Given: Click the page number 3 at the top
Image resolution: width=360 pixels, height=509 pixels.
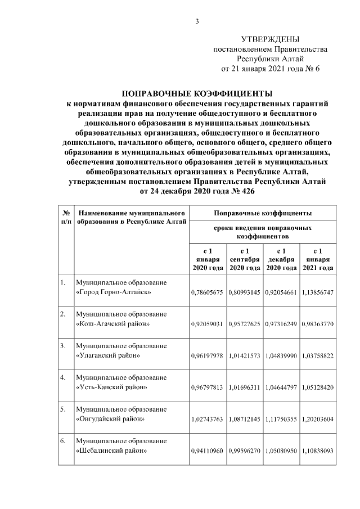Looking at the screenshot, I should click(x=197, y=21).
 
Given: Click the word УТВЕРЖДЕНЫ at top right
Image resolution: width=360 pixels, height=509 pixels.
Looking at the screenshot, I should click(x=270, y=39).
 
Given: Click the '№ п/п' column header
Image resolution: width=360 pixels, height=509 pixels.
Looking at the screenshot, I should click(x=66, y=218).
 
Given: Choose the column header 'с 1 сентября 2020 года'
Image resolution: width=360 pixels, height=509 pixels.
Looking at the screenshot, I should click(x=245, y=259).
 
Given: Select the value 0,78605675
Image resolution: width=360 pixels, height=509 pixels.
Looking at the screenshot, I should click(x=208, y=293).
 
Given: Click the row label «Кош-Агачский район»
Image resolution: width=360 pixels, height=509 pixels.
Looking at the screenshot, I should click(x=112, y=325).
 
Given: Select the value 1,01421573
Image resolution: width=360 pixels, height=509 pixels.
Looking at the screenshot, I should click(x=245, y=356).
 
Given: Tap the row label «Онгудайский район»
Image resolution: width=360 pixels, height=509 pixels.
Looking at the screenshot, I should click(x=110, y=419).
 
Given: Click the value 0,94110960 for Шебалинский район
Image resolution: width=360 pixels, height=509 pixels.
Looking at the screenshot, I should click(x=208, y=451).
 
